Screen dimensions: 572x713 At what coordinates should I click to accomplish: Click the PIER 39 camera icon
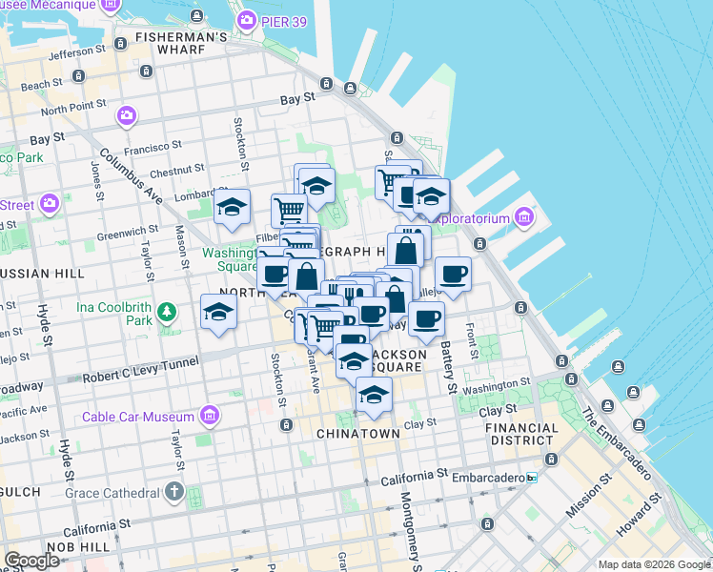[x=247, y=20]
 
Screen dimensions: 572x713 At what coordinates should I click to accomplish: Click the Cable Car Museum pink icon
[x=210, y=416]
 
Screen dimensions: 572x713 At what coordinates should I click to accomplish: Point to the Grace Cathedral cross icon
[x=173, y=492]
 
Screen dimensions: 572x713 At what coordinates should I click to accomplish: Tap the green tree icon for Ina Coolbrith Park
[x=167, y=312]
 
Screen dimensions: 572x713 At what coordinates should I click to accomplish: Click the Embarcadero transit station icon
[x=532, y=477]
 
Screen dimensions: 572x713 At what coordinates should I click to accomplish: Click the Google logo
[x=32, y=561]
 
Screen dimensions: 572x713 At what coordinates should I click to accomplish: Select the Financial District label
[x=521, y=434]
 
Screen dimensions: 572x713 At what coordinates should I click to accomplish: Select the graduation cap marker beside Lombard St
[x=232, y=208]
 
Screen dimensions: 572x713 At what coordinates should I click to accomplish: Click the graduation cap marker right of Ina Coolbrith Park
[x=218, y=312]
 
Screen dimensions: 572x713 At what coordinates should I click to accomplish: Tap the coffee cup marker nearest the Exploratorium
[x=453, y=274]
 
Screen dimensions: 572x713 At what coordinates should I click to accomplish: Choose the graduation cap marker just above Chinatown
[x=374, y=395]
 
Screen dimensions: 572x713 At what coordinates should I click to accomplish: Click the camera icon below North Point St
[x=127, y=116]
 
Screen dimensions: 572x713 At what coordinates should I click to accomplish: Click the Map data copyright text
[x=654, y=563]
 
